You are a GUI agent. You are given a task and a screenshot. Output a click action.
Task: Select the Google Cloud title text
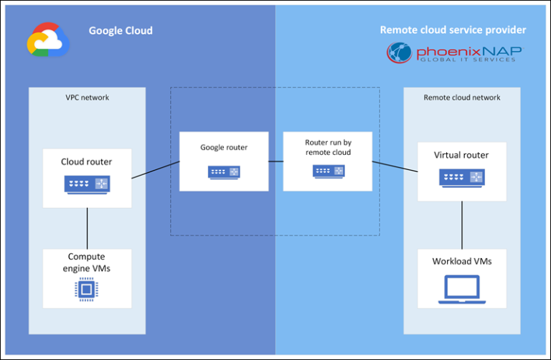pos(121,31)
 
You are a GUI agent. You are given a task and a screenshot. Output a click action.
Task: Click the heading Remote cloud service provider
pos(453,30)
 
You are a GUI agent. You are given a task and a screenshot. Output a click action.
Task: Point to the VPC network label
pos(88,98)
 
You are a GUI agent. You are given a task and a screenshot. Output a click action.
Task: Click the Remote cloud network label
pos(462,98)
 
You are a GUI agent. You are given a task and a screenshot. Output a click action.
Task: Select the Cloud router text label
pos(86,161)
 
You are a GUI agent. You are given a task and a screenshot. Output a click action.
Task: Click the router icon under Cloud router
pos(87,184)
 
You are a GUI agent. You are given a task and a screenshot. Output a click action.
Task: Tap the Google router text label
pos(224,148)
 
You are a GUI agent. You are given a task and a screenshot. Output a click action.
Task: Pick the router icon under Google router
pos(224,172)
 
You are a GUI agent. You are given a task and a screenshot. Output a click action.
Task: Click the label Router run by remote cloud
pos(328,148)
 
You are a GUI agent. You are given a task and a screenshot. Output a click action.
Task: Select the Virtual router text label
pos(461,155)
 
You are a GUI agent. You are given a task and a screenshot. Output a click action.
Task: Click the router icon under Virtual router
pos(461,177)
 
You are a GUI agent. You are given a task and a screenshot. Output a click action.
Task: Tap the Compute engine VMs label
pos(87,262)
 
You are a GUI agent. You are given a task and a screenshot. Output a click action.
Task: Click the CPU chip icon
pos(87,289)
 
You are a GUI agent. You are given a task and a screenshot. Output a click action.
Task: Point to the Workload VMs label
pos(462,261)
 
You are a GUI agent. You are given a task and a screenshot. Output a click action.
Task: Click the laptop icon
pos(462,288)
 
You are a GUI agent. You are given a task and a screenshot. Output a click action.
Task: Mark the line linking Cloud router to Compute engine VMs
pos(87,228)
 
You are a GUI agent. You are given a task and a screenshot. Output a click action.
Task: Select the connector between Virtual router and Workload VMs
pos(462,225)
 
